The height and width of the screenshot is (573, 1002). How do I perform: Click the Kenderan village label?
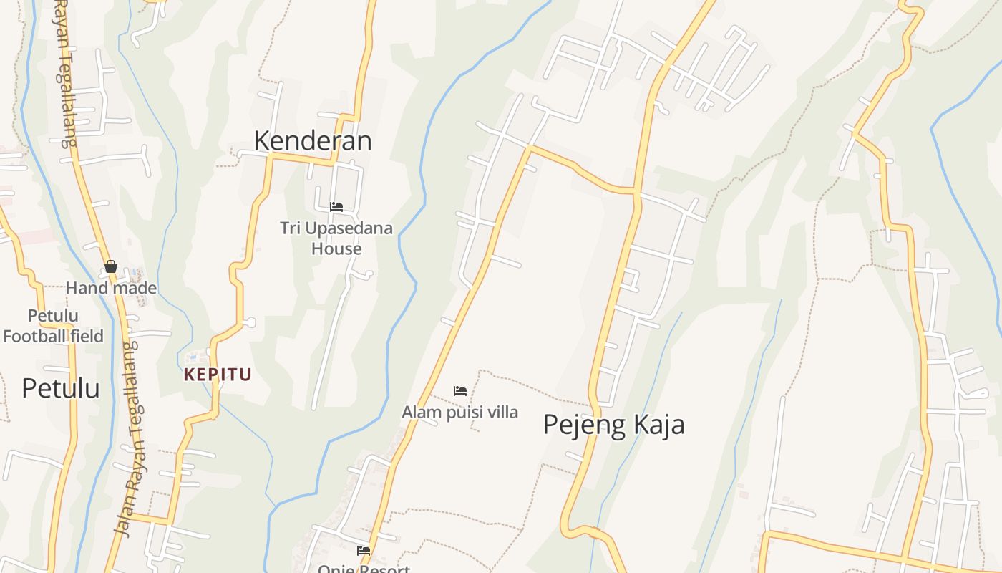313,141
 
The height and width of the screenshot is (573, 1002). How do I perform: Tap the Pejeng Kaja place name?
613,425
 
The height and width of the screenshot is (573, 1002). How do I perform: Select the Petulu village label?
60,388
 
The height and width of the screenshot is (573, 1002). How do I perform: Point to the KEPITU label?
218,375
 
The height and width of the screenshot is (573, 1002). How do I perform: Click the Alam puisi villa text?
459,413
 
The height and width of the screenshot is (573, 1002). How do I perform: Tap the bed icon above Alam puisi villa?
460,391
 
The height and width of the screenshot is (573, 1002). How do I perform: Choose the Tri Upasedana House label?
336,239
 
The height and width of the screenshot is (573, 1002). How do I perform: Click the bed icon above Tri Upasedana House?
336,207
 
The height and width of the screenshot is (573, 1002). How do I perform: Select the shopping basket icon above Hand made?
111,266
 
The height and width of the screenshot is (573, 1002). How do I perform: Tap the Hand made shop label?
111,288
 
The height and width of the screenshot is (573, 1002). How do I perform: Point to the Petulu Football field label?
54,326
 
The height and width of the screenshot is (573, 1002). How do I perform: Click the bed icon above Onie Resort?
364,551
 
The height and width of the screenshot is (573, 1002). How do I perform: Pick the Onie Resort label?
364,569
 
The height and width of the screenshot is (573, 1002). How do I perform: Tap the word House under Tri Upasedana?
336,249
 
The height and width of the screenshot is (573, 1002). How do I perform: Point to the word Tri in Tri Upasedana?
290,228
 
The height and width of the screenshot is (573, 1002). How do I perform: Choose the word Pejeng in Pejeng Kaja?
578,425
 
